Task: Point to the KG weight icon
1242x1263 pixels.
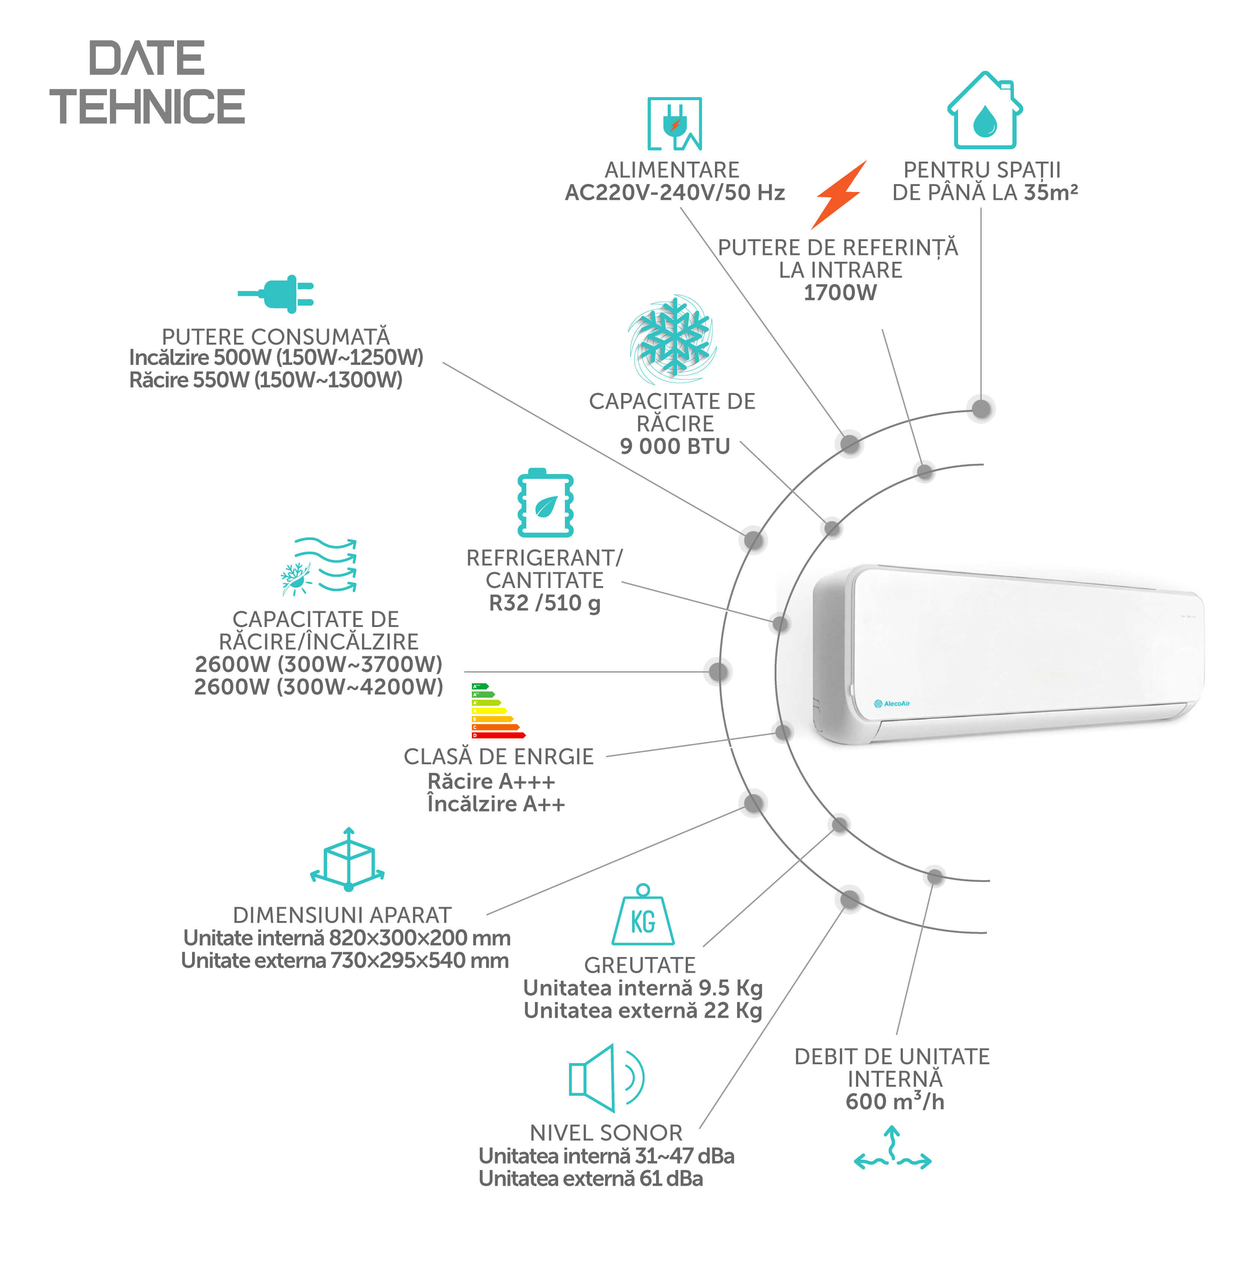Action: (643, 914)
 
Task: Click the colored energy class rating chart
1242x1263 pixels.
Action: (498, 710)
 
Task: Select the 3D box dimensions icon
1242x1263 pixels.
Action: (348, 859)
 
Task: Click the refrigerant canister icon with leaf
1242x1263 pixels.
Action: (545, 502)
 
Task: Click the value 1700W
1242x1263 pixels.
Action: (840, 293)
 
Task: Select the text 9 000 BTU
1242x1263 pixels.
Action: (674, 446)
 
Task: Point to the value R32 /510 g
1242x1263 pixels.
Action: (545, 603)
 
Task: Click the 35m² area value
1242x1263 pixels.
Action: (1051, 192)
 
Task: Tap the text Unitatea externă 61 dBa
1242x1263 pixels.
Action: (591, 1178)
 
